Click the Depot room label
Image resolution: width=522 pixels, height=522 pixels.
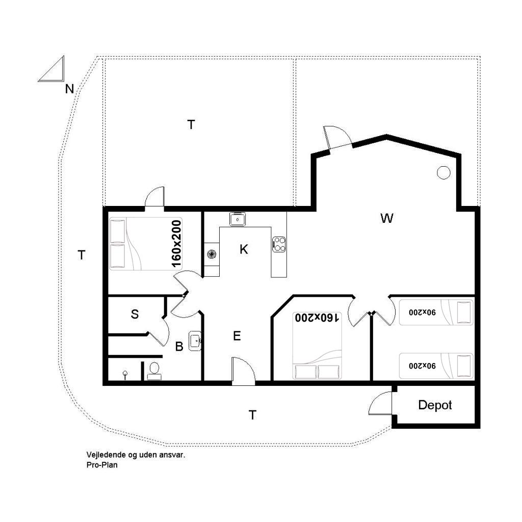tap(435, 405)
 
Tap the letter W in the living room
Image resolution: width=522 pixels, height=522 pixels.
tap(386, 218)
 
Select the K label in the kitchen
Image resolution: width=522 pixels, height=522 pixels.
tap(244, 249)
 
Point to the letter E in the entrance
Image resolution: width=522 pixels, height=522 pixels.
tap(237, 336)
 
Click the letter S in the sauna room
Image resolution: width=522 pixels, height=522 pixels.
tap(135, 314)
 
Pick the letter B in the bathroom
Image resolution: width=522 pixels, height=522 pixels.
tap(179, 347)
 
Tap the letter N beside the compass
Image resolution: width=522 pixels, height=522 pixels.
tap(69, 89)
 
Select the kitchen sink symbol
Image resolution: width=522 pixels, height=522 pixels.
tap(238, 219)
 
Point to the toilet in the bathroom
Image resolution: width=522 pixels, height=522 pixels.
tap(154, 372)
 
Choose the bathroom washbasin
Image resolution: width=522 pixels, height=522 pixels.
tap(195, 341)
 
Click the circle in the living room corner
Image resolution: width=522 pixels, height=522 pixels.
tap(443, 172)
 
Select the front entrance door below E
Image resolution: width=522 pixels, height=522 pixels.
tap(243, 371)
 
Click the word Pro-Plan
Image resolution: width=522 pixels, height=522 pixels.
tap(102, 465)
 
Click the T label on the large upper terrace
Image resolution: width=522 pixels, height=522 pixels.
tap(191, 125)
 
